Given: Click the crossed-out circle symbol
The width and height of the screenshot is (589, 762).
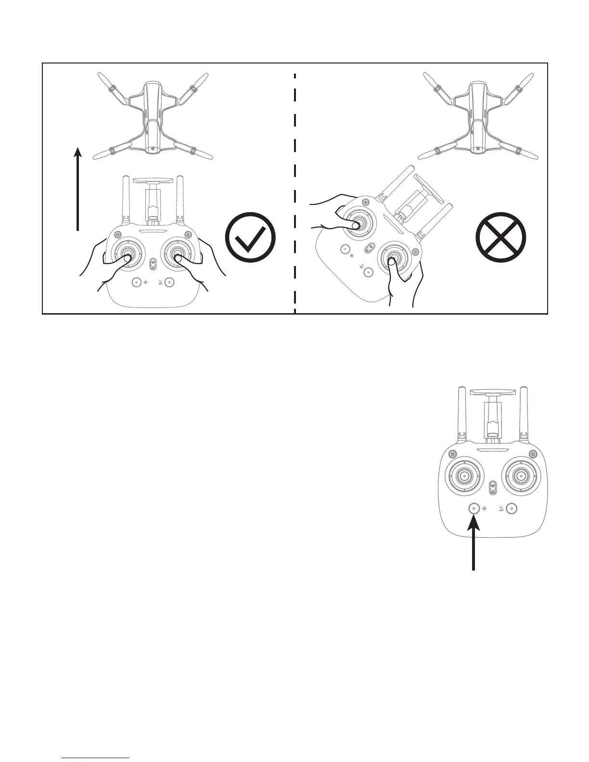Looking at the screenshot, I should [500, 237].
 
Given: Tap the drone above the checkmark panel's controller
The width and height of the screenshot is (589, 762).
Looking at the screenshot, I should [152, 115].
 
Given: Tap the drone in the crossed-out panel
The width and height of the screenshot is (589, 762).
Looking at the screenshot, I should [477, 115].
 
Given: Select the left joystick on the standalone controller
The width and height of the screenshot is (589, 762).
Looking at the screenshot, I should [464, 476].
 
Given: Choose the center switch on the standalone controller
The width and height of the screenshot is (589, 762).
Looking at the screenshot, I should [492, 488].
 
